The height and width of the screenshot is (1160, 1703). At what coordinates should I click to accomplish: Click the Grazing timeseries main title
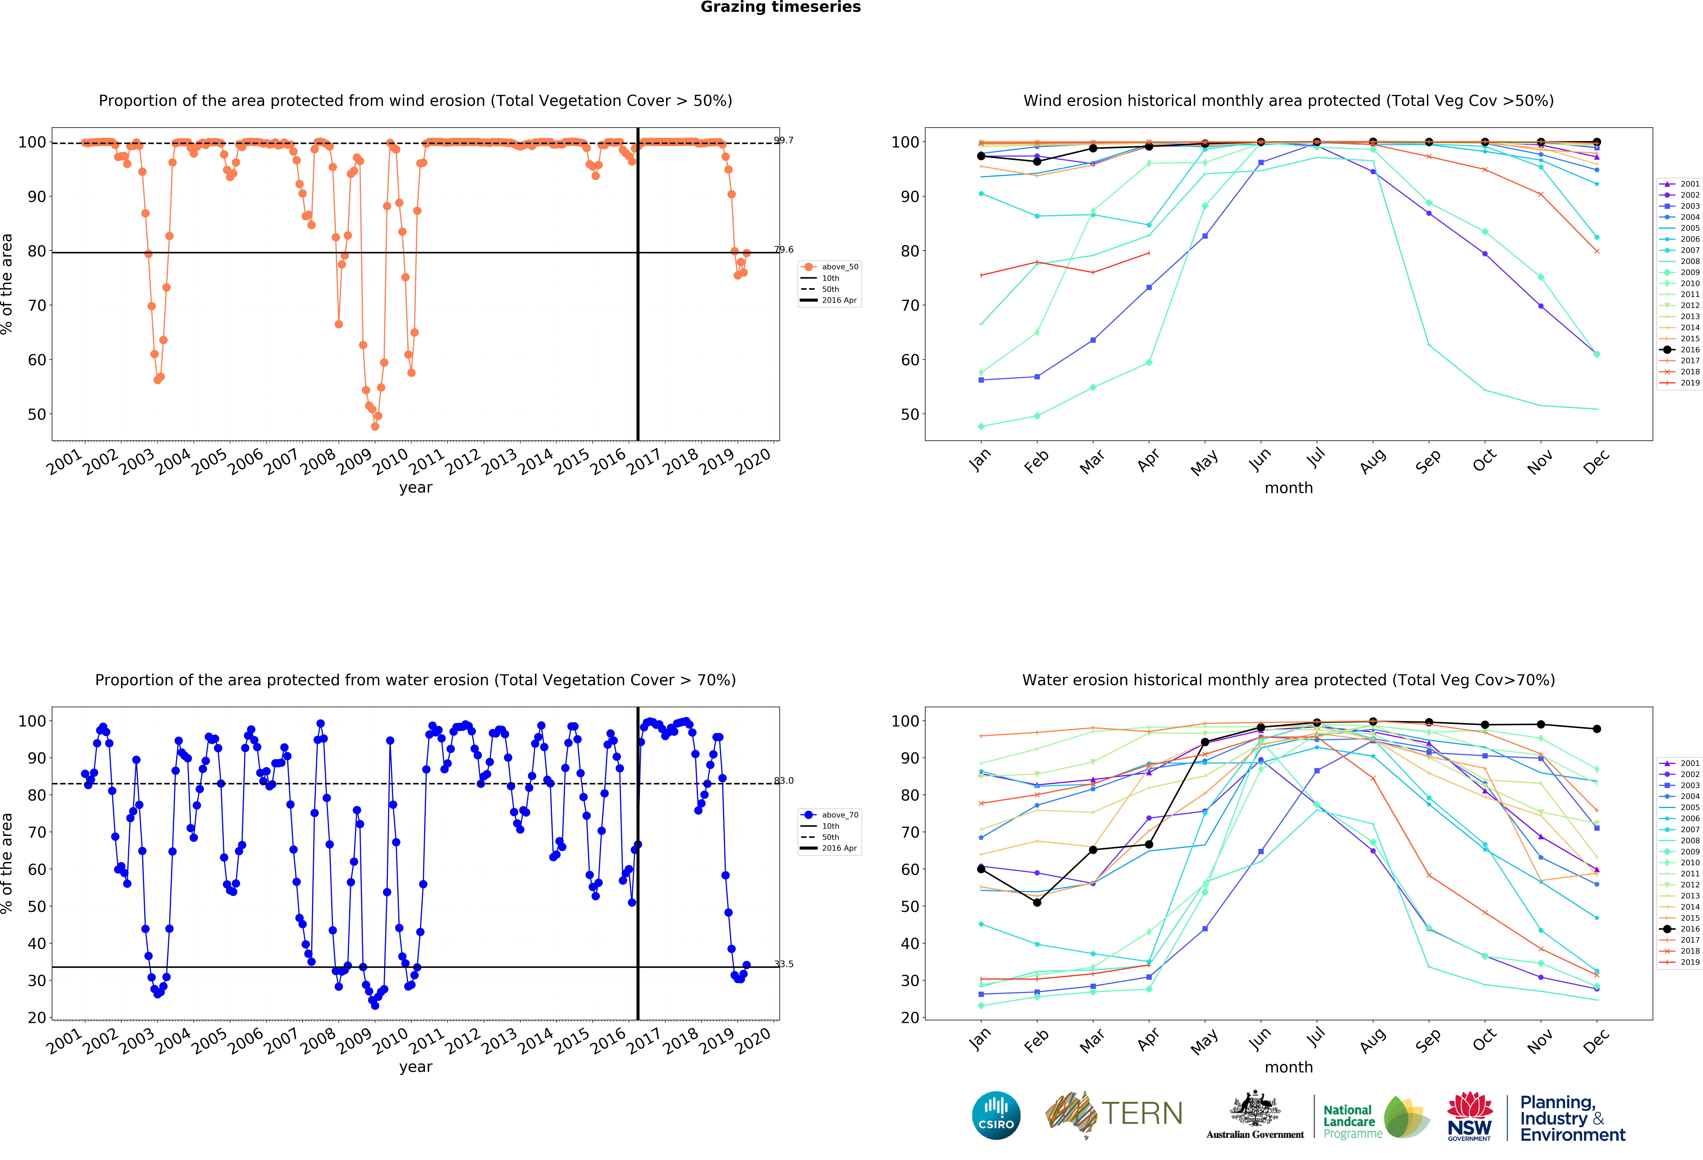780,7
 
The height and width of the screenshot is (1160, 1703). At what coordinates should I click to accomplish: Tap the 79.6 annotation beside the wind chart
783,250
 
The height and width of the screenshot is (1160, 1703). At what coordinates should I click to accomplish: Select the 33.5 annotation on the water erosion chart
783,964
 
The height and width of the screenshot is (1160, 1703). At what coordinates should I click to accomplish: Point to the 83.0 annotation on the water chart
783,781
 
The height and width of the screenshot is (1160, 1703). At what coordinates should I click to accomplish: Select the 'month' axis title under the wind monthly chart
1288,488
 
